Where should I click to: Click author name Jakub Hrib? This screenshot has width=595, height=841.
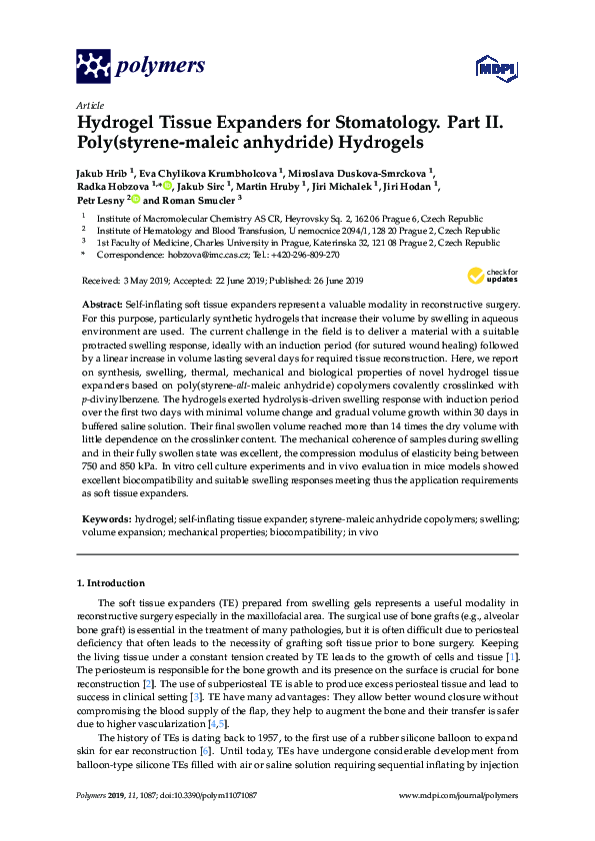(x=101, y=171)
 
